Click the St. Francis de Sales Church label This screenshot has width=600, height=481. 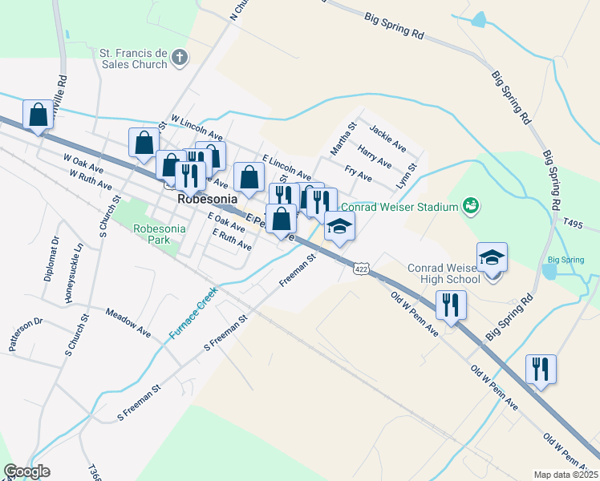coord(132,59)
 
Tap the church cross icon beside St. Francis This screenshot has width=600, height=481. coord(180,57)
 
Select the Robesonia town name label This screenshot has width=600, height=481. coord(205,200)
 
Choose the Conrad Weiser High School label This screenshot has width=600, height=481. coord(444,273)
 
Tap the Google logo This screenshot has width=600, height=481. coord(26,471)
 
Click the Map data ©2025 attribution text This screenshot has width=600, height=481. coord(565,475)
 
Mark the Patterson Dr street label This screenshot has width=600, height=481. coord(25,334)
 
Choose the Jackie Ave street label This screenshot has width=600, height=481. coord(387,137)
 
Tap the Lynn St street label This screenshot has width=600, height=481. coord(407,176)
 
